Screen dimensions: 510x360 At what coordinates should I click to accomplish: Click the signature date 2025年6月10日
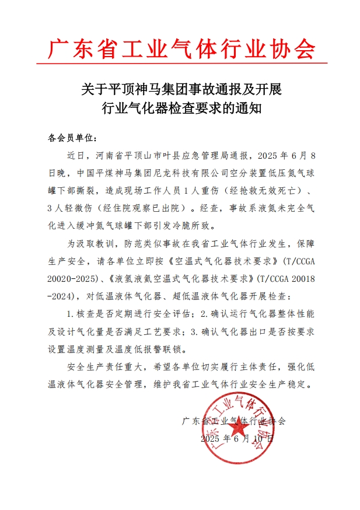tap(236, 437)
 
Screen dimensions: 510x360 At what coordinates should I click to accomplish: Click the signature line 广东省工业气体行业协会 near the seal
tap(233, 420)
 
